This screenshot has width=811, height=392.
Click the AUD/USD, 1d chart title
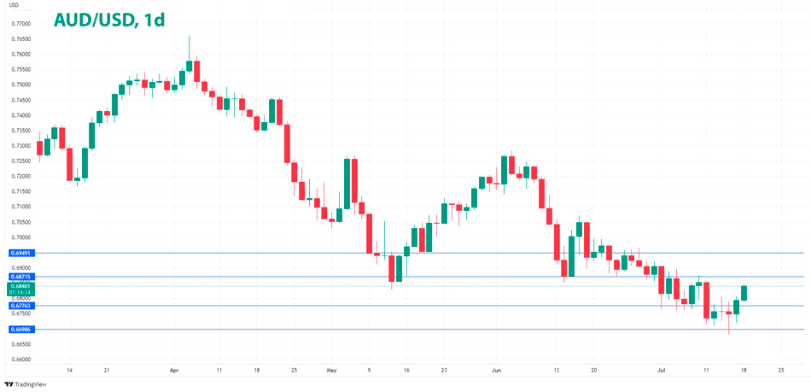(x=109, y=20)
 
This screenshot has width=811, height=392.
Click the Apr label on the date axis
(x=174, y=371)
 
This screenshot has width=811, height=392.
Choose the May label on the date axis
(x=332, y=371)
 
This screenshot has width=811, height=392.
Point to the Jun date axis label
(x=496, y=371)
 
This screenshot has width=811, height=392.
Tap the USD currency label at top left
(x=14, y=6)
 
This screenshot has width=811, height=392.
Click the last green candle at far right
(x=744, y=293)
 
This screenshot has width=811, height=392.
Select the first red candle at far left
(x=39, y=148)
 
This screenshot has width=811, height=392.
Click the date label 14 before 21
(x=69, y=371)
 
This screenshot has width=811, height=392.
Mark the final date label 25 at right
(x=781, y=371)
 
